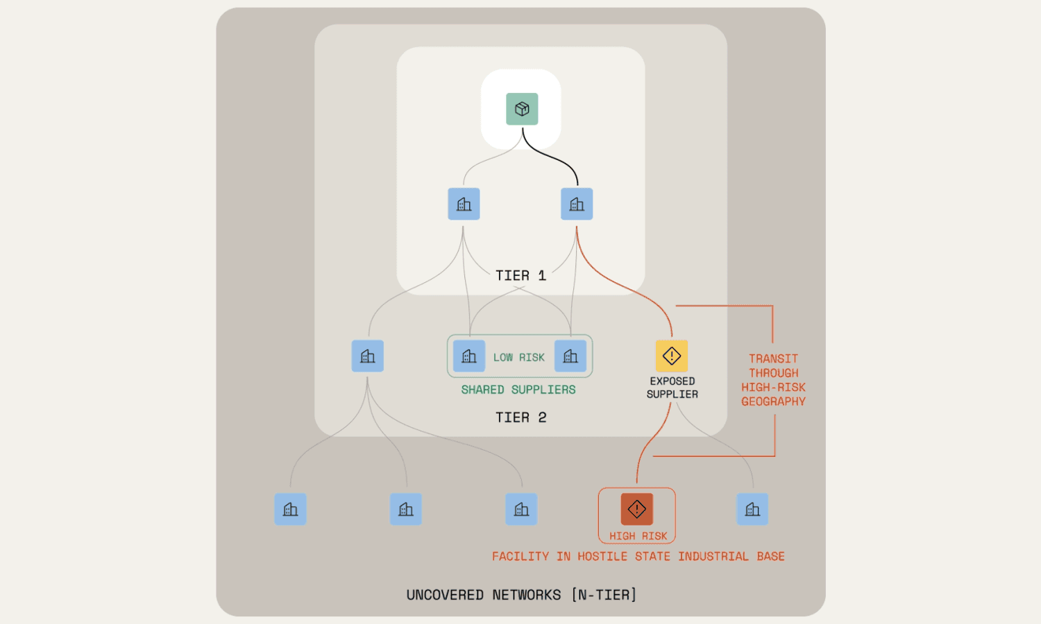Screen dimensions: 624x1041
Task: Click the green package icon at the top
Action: point(522,109)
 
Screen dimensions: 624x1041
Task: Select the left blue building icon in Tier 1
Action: point(464,204)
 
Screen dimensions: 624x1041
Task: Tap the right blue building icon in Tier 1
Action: point(577,204)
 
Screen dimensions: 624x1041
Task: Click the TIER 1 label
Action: point(520,276)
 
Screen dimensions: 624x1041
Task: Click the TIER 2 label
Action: point(520,417)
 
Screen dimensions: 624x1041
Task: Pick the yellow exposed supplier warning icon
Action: point(672,356)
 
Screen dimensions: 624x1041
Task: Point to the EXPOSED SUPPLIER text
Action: point(672,388)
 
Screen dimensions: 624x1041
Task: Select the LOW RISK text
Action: point(519,358)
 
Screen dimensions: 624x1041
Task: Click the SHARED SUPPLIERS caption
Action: point(518,390)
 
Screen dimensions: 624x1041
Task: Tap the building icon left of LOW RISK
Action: point(469,356)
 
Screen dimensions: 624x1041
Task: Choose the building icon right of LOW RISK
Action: point(570,356)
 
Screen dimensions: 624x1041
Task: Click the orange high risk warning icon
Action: point(637,509)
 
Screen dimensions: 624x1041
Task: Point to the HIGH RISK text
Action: point(638,536)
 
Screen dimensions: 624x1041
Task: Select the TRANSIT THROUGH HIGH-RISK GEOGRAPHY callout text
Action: point(773,380)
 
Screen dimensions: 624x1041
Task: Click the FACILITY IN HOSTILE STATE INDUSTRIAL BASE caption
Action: point(638,557)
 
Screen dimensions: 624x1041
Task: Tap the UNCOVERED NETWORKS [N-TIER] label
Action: point(521,595)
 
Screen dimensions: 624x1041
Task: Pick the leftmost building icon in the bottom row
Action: point(290,509)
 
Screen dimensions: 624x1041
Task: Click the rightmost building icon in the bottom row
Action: point(752,509)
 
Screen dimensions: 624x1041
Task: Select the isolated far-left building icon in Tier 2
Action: point(368,356)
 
